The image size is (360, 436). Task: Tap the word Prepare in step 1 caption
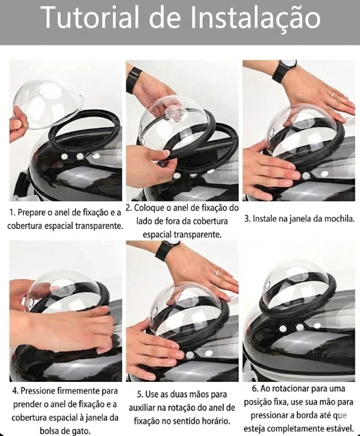(x=31, y=213)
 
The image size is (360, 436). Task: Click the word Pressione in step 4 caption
(x=37, y=391)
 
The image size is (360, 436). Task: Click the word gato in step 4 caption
(x=83, y=431)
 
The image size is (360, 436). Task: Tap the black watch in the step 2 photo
(x=134, y=81)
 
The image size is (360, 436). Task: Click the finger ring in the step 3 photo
(x=333, y=95)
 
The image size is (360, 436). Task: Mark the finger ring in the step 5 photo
(x=217, y=273)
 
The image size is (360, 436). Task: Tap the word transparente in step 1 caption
(x=99, y=226)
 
